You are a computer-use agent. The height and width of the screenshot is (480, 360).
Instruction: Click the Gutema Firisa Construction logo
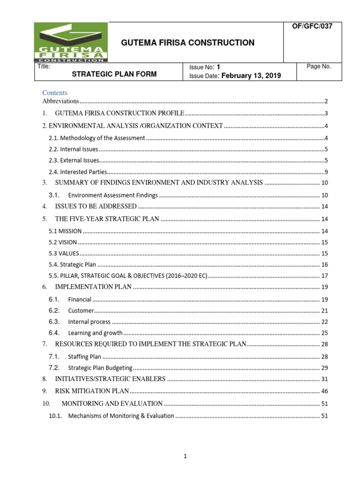tap(72, 42)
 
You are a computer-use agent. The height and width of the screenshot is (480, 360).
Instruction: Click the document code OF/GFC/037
tap(312, 27)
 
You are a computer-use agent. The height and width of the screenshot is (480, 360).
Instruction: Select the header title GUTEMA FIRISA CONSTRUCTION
tap(188, 43)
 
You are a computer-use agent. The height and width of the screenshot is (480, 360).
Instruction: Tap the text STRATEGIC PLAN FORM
tap(114, 74)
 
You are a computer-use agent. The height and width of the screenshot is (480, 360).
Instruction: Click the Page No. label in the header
tap(319, 67)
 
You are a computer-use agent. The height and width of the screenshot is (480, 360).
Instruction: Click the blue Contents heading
tap(55, 93)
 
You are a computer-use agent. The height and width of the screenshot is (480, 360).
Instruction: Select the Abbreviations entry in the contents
tap(60, 101)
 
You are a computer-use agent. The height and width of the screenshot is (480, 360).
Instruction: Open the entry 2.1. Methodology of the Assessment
tap(97, 138)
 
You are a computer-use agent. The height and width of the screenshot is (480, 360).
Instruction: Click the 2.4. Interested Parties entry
tap(78, 172)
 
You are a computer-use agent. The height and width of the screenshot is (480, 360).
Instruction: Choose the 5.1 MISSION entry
tap(66, 231)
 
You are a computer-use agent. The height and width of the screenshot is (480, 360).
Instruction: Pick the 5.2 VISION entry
tap(63, 242)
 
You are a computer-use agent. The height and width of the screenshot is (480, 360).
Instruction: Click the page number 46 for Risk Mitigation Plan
tap(324, 391)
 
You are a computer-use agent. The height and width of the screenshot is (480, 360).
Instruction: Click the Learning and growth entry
tap(95, 333)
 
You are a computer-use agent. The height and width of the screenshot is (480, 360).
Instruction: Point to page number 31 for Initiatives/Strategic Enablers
tap(324, 379)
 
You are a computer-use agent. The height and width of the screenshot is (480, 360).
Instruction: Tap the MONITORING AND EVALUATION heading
tap(112, 404)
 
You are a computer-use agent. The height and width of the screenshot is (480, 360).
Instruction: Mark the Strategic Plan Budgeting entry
tap(100, 368)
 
